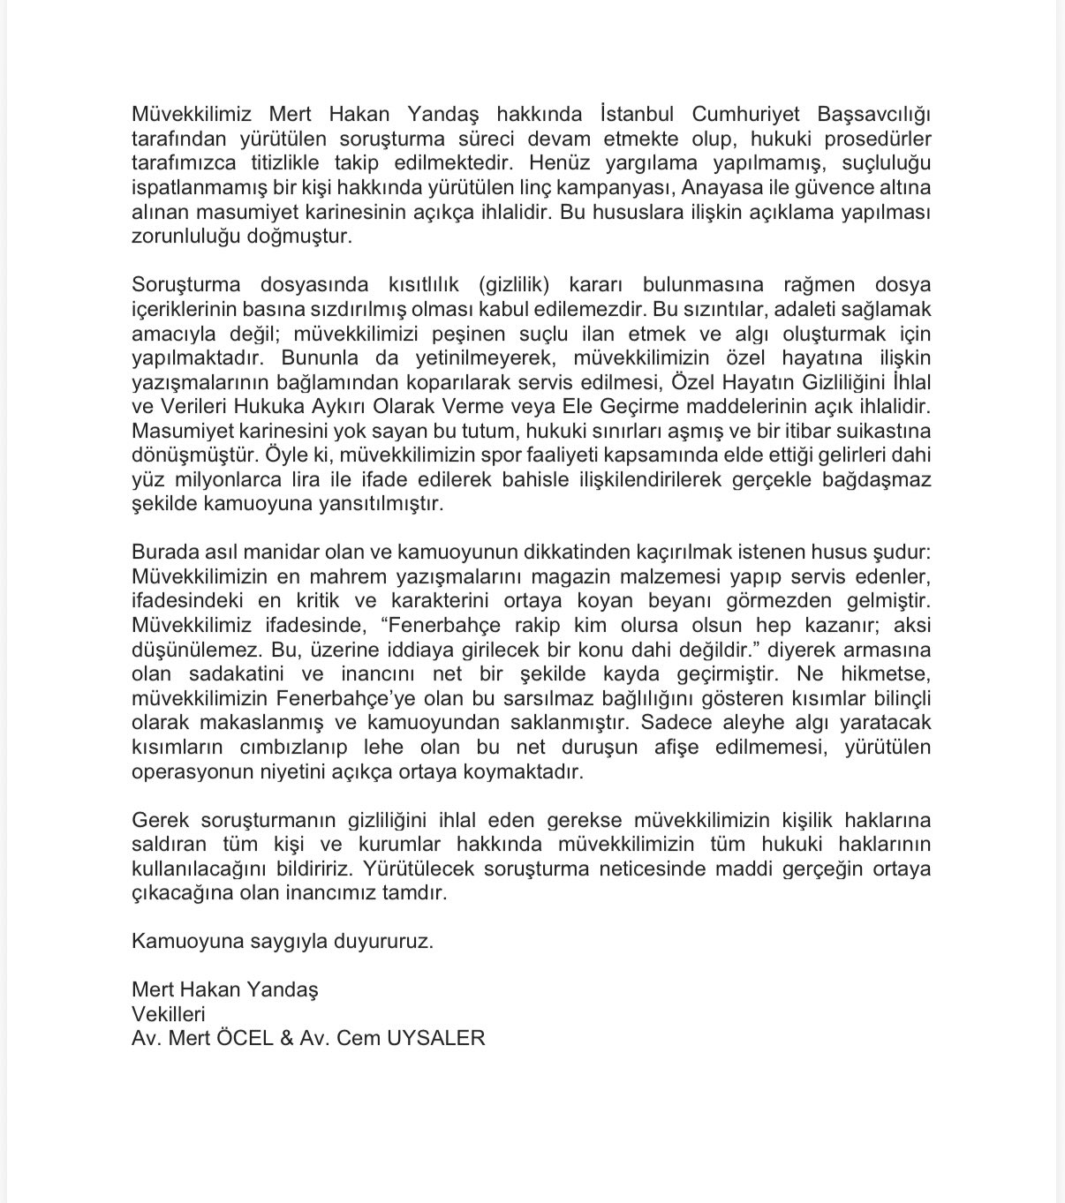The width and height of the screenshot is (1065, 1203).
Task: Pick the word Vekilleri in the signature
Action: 168,1014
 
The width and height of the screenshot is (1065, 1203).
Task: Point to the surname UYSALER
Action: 436,1039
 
